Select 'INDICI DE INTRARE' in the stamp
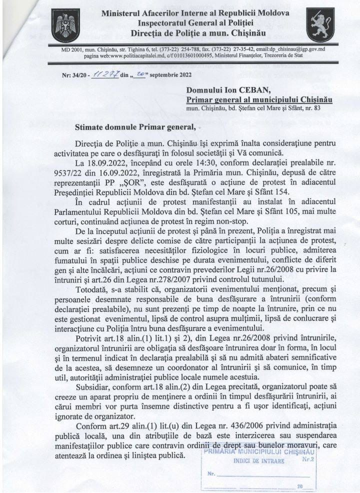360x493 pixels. (x=258, y=460)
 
